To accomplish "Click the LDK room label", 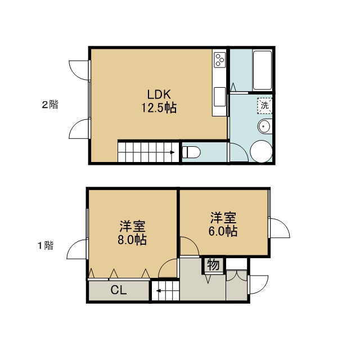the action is click(159, 94).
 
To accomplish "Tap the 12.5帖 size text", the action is click(159, 107).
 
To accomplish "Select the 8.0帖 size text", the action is click(132, 240).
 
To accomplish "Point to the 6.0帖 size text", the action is click(223, 231).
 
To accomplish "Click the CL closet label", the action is click(119, 290).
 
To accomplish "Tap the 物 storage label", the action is click(213, 265).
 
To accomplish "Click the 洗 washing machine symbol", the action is click(264, 105).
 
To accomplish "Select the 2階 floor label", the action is click(50, 105).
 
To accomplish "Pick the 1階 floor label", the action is click(46, 245).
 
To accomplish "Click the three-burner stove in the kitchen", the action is click(220, 60).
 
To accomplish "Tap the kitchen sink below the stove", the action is click(220, 97).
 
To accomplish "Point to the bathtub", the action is click(262, 70).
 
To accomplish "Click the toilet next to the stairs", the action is click(191, 152).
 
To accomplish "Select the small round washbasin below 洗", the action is click(265, 126).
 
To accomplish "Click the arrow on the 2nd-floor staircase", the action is click(172, 152).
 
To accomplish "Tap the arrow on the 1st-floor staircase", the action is click(159, 291).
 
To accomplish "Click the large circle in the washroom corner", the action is click(261, 151).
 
